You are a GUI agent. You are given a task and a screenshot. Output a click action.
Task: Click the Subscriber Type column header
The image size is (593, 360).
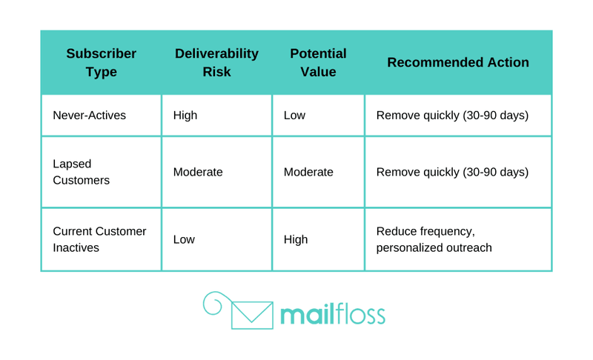pyautogui.click(x=101, y=62)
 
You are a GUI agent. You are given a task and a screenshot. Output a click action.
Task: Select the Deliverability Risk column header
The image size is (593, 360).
pyautogui.click(x=216, y=62)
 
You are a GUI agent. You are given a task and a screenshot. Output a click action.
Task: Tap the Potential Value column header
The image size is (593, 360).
pyautogui.click(x=318, y=62)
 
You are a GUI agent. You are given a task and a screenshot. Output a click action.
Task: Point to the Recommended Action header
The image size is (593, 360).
pyautogui.click(x=458, y=62)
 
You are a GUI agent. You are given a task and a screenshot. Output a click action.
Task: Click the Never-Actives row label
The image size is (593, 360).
pyautogui.click(x=89, y=116)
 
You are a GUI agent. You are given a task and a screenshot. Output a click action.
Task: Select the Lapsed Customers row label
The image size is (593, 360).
pyautogui.click(x=81, y=172)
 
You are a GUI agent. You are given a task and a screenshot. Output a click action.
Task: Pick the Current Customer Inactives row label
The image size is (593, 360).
pyautogui.click(x=99, y=239)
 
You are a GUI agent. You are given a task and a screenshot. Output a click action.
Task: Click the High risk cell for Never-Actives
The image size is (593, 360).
pyautogui.click(x=185, y=116)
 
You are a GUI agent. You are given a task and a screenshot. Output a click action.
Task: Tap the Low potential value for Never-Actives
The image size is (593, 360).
pyautogui.click(x=294, y=116)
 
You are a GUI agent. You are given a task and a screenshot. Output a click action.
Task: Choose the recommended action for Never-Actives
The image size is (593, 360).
pyautogui.click(x=452, y=116)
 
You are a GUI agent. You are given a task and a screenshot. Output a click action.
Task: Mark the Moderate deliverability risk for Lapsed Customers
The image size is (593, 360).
pyautogui.click(x=198, y=173)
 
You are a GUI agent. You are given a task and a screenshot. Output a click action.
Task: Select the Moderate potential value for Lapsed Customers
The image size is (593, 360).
pyautogui.click(x=308, y=173)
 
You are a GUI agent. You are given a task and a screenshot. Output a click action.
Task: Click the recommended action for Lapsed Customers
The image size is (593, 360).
pyautogui.click(x=452, y=173)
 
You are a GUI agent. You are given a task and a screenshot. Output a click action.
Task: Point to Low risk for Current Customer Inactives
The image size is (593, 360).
pyautogui.click(x=184, y=239)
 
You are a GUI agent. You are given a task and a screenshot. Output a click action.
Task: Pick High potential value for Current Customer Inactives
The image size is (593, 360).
pyautogui.click(x=296, y=239)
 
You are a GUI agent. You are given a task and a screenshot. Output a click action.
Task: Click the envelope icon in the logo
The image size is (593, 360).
pyautogui.click(x=252, y=315)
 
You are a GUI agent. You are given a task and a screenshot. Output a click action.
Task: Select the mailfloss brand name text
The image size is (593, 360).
pyautogui.click(x=333, y=314)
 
